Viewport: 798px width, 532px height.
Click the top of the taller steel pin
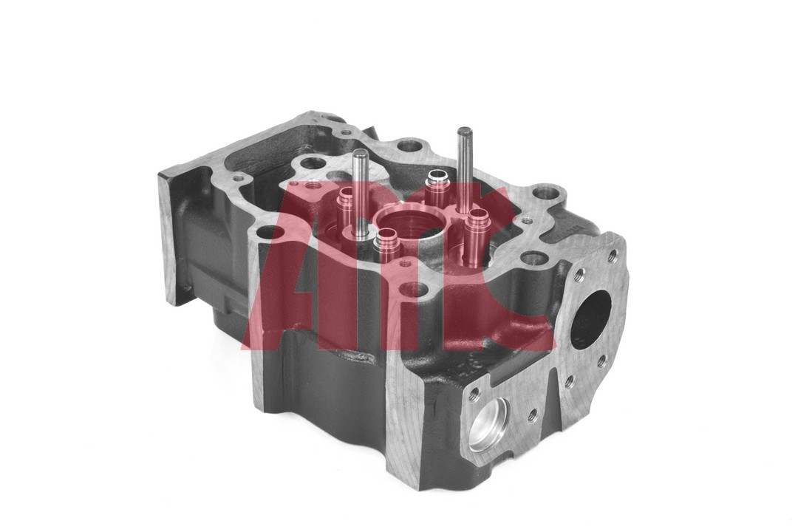pos(464,132)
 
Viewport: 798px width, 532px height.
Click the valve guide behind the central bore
pos(437,178)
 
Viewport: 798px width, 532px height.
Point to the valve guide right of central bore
pos(477,218)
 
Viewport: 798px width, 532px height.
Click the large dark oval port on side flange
pos(591,318)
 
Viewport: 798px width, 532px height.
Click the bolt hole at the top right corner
pos(548,192)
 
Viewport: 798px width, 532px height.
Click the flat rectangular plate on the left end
pos(171,236)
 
